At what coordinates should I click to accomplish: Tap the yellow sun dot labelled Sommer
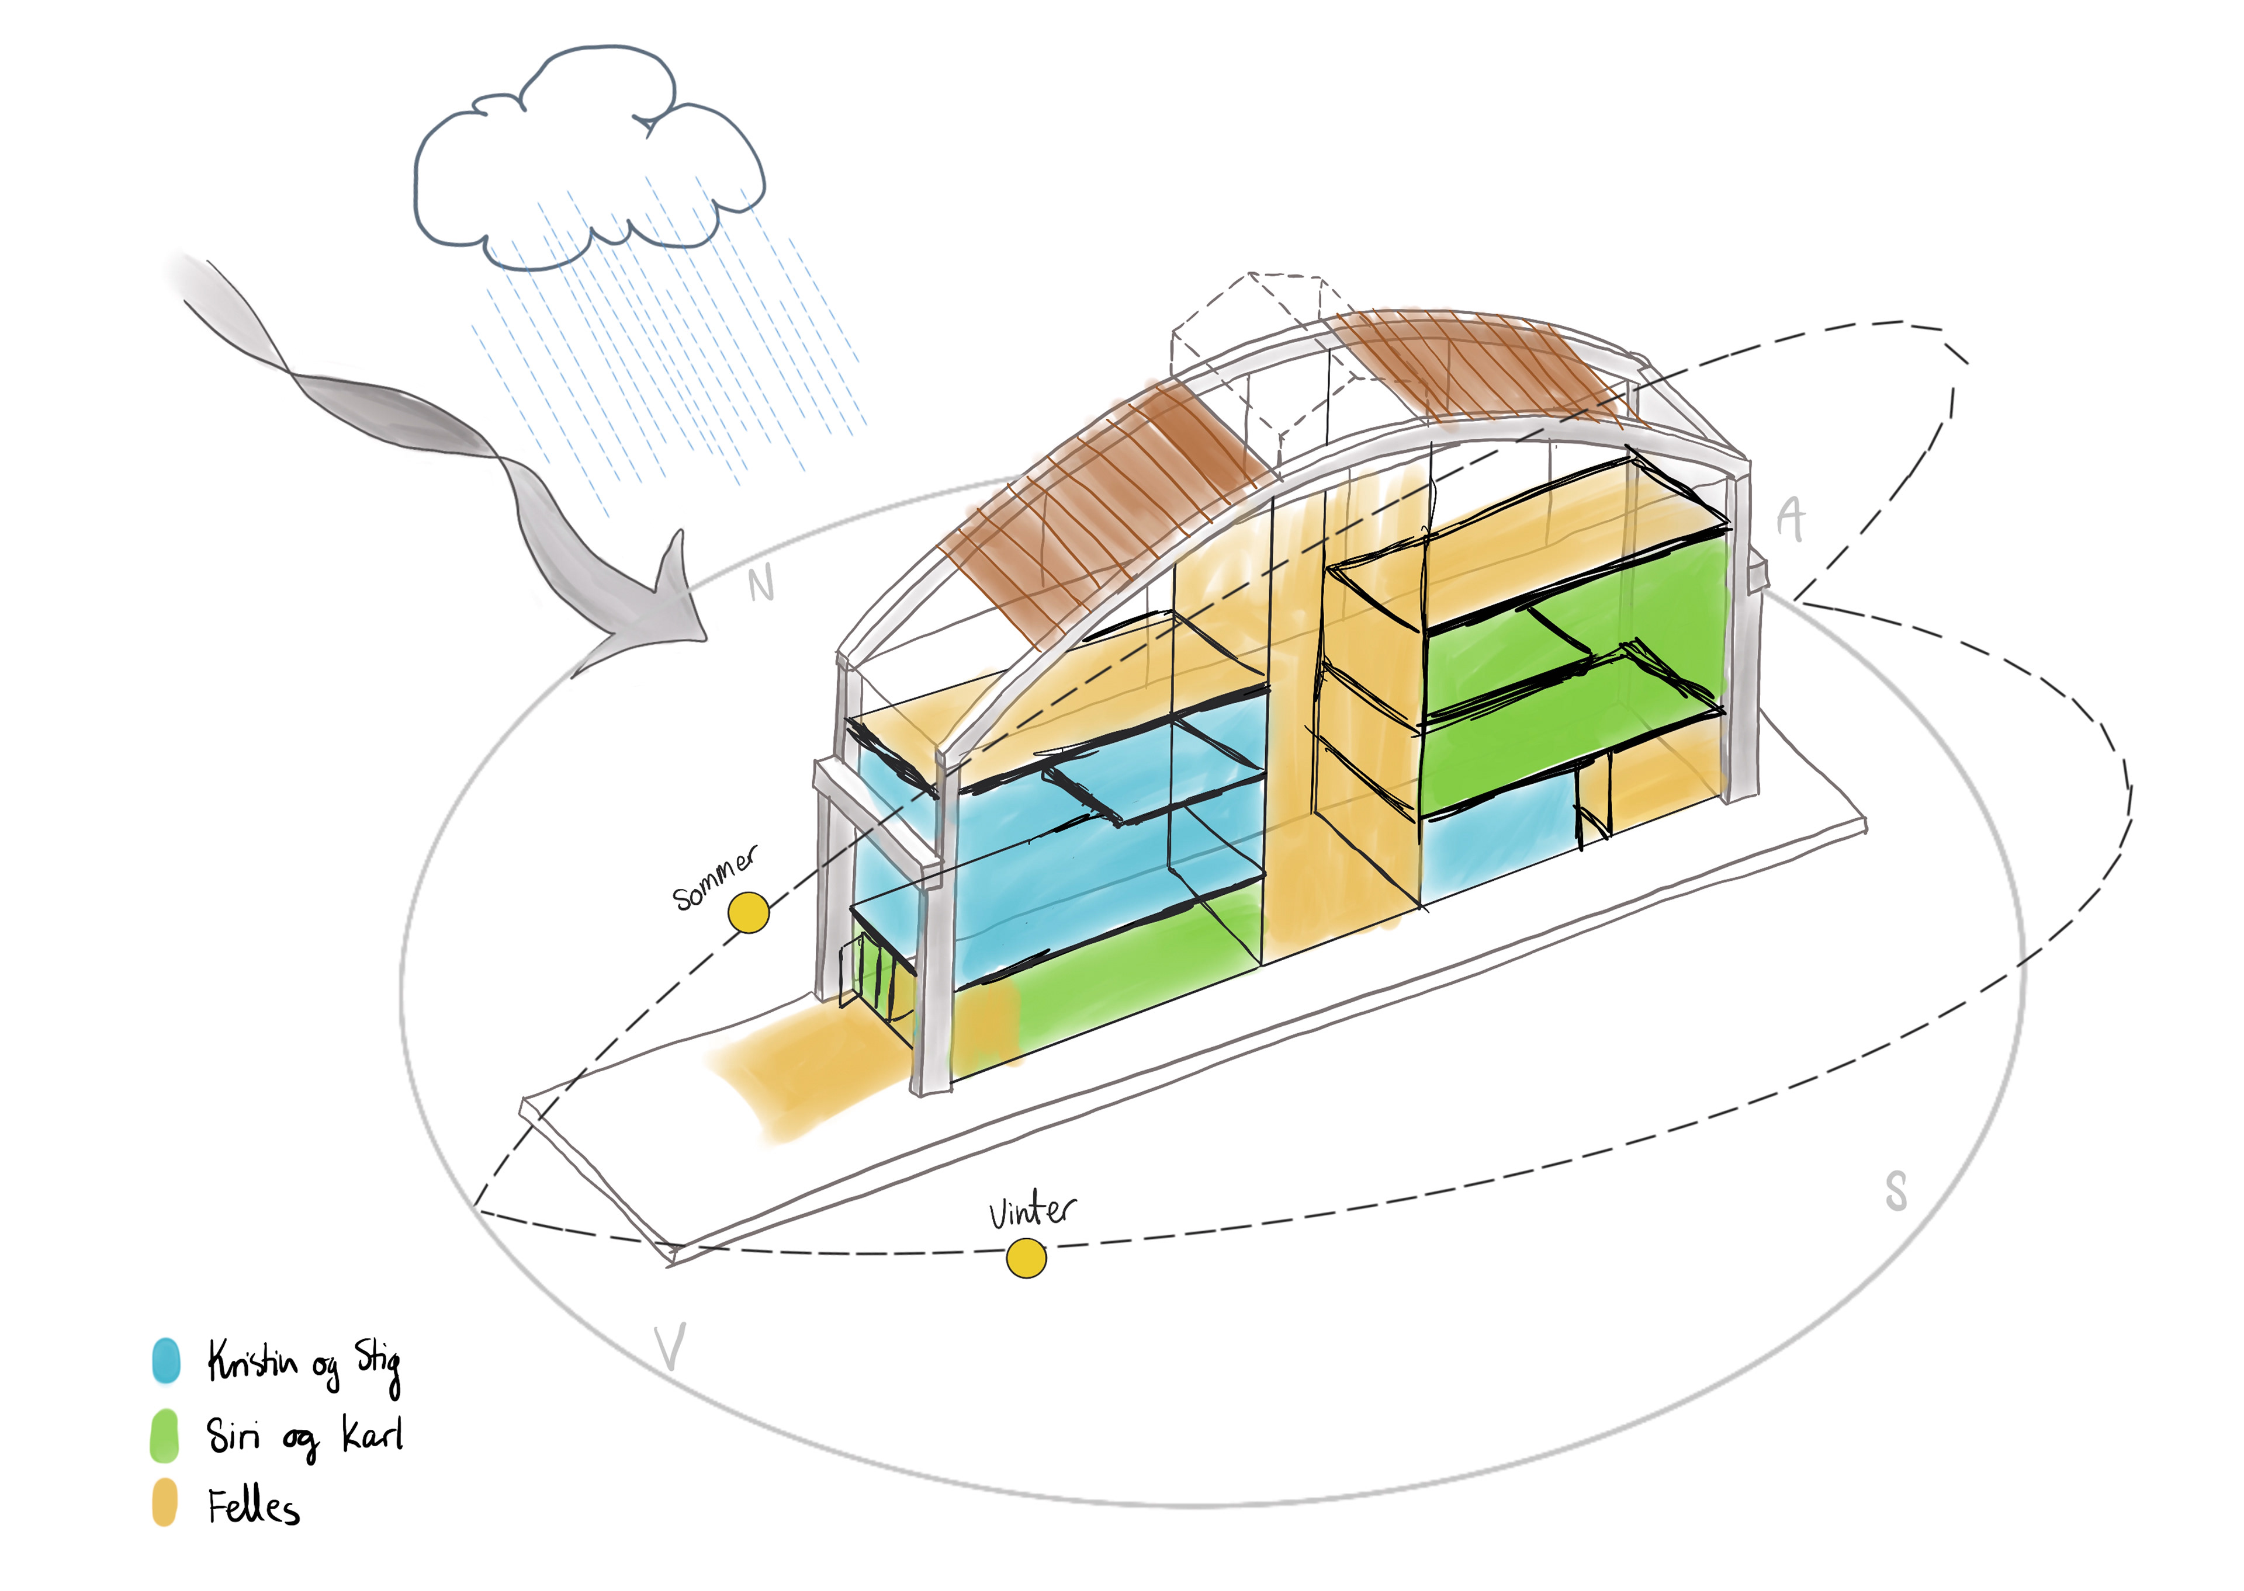coord(749,912)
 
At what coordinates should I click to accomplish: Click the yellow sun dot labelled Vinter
coord(1026,1258)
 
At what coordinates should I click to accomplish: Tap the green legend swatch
coord(165,1435)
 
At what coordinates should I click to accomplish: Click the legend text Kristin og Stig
coord(304,1363)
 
